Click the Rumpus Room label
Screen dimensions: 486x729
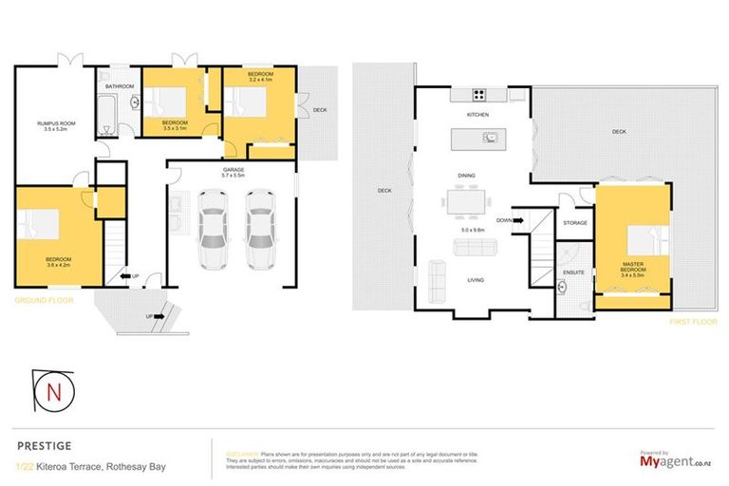[57, 123]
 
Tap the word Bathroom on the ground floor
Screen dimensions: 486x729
[120, 86]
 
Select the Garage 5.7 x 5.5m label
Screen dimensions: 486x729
[233, 172]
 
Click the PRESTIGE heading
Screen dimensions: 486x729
[44, 443]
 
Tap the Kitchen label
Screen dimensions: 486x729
[477, 115]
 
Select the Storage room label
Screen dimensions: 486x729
[575, 223]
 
